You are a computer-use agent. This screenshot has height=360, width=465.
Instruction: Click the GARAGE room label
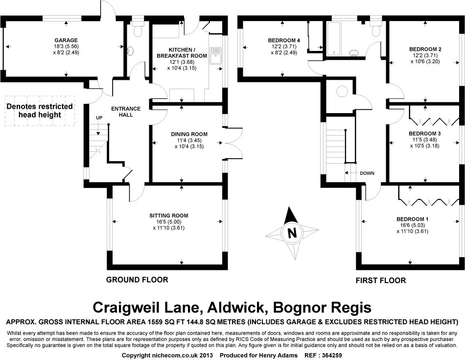[x=66, y=40]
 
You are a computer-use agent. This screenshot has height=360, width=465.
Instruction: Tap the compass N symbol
[x=292, y=233]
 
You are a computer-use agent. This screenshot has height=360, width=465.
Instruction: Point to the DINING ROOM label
[x=189, y=134]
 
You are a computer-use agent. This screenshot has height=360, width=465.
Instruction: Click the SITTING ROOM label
[x=169, y=216]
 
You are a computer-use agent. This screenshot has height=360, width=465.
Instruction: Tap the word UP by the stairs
[x=99, y=118]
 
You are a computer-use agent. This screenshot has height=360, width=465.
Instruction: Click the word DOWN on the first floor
[x=367, y=173]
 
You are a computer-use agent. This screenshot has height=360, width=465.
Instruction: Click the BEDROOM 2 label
[x=425, y=49]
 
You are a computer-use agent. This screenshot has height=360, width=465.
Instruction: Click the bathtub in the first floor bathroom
[x=335, y=39]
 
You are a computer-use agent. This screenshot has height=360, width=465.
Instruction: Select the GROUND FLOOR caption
[x=137, y=280]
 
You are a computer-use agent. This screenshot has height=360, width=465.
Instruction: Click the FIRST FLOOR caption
[x=381, y=281]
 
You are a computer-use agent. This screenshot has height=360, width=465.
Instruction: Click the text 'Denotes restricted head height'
[x=40, y=111]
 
